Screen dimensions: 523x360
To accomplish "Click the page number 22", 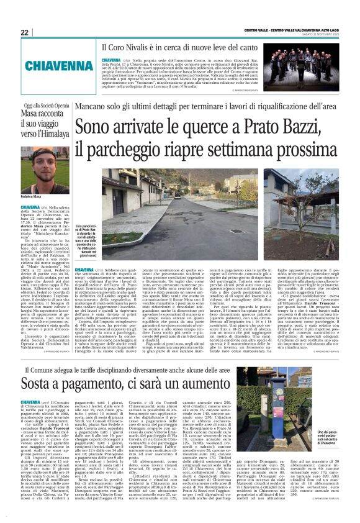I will (24, 32).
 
